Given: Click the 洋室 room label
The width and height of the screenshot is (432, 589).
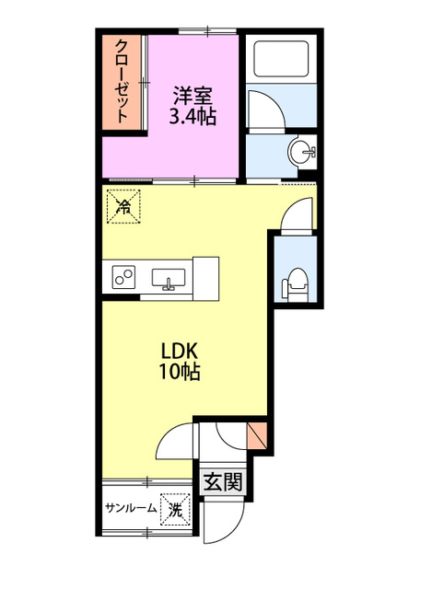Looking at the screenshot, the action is (193, 96).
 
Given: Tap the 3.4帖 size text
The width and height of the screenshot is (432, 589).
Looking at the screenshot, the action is (193, 116).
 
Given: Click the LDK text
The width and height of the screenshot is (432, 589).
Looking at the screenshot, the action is (179, 352).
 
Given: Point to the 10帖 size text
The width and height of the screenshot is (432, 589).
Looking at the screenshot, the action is (179, 372).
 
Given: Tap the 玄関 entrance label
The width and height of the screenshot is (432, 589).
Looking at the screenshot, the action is (223, 482).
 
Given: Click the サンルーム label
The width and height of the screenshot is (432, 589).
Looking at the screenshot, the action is (131, 508).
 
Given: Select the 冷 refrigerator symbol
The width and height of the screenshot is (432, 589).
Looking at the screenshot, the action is (123, 206).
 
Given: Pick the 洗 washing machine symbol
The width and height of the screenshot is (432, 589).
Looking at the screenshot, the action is (176, 509).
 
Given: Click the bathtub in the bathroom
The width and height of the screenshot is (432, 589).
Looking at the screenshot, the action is (282, 59).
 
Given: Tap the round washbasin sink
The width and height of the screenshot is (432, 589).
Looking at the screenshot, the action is (301, 152).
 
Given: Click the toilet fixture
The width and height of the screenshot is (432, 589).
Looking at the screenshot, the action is (295, 284).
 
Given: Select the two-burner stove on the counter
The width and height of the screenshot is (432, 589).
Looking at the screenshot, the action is (123, 277).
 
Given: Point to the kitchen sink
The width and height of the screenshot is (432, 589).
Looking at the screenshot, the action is (169, 278).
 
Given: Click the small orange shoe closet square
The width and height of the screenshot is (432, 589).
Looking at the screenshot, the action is (257, 435).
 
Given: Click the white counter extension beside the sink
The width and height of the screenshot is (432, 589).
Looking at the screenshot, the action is (205, 278).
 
